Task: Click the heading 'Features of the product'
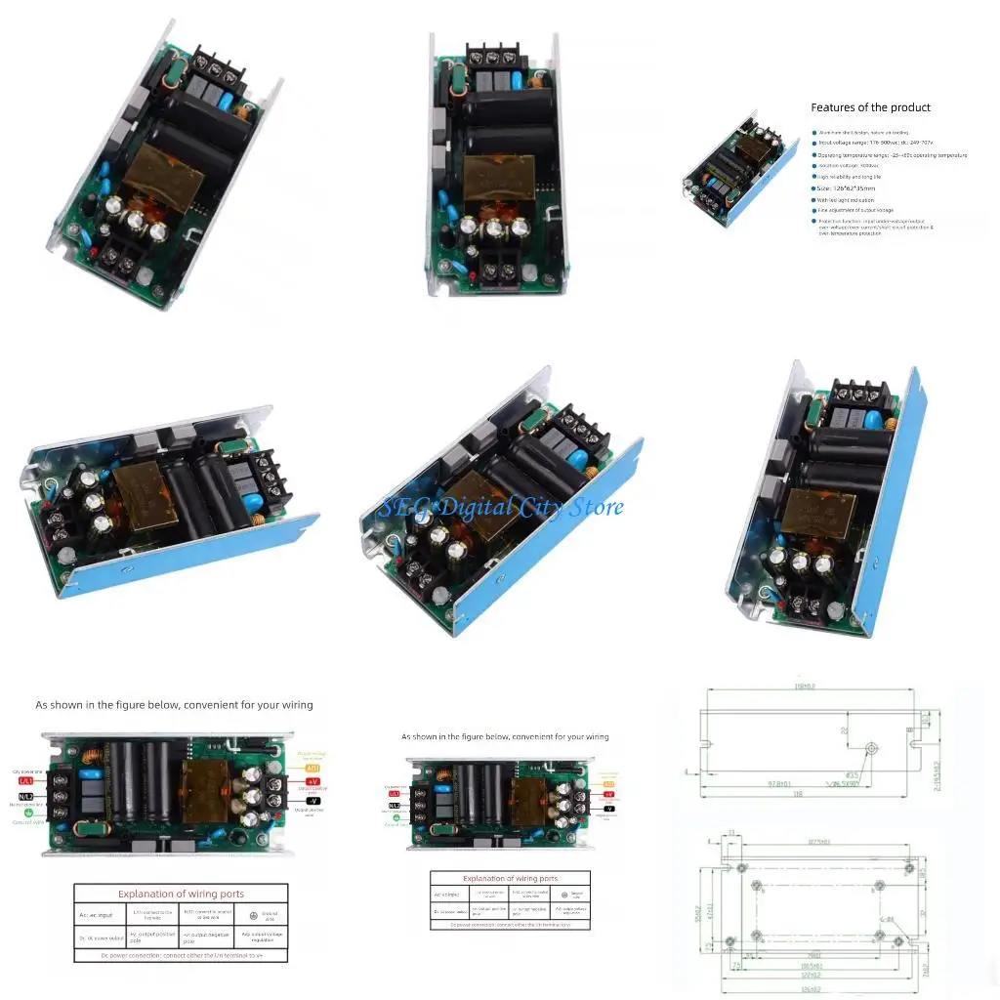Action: pyautogui.click(x=870, y=107)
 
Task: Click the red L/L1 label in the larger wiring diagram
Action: pyautogui.click(x=25, y=781)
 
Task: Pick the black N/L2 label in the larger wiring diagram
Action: pyautogui.click(x=25, y=797)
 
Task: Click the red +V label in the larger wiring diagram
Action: pyautogui.click(x=313, y=781)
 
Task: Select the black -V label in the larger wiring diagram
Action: pyautogui.click(x=313, y=801)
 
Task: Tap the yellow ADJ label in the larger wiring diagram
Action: pyautogui.click(x=313, y=768)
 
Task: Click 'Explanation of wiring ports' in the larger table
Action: pyautogui.click(x=181, y=894)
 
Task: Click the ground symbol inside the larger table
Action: pyautogui.click(x=254, y=914)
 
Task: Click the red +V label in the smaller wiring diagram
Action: pyautogui.click(x=609, y=796)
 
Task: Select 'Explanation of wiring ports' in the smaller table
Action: pyautogui.click(x=510, y=879)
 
